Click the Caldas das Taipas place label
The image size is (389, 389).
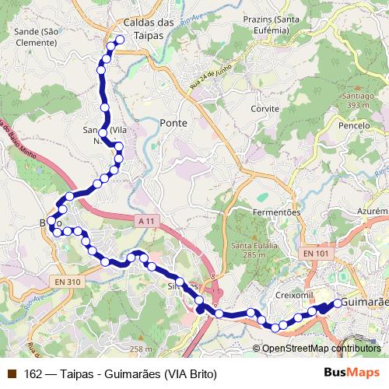point(148,29)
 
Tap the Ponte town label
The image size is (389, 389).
point(172,123)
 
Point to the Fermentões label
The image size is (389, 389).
point(277,212)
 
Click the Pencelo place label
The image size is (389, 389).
point(354,124)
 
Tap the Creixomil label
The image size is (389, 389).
point(294,296)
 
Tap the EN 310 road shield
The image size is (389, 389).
point(68,281)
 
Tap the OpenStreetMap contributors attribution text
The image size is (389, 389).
point(321,349)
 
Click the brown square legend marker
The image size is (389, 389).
point(12,373)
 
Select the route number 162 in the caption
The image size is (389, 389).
point(33,373)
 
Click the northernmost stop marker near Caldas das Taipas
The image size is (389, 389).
point(121,40)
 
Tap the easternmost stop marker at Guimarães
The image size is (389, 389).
point(338,303)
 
